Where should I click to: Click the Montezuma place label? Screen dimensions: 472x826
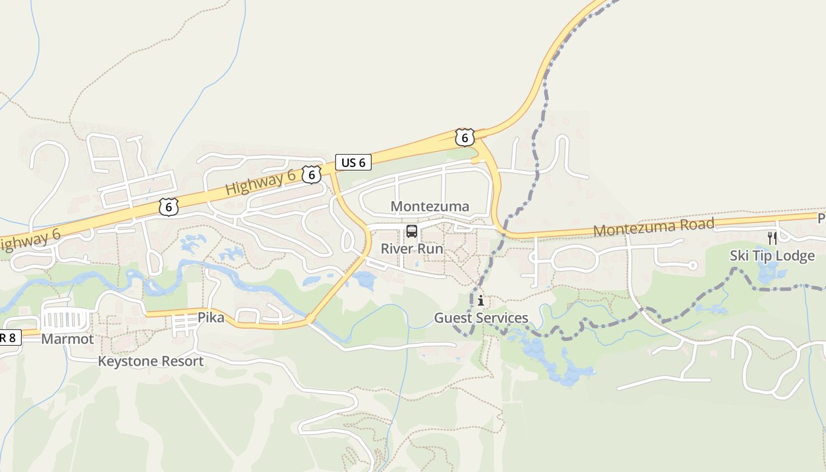point(430,206)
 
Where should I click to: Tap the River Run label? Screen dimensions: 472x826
point(411,248)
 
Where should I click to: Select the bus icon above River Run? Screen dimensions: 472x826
point(411,231)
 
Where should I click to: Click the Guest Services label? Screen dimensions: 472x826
point(481,318)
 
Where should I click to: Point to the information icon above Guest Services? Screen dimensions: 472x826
point(481,301)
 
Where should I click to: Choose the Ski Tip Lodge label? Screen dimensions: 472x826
point(772,255)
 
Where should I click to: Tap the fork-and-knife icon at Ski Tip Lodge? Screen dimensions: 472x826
point(772,238)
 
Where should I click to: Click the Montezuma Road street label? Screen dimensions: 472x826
point(654,227)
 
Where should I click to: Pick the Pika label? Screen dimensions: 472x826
point(211,317)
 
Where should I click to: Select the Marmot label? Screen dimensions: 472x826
point(67,339)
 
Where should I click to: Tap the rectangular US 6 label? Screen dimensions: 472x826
point(353,162)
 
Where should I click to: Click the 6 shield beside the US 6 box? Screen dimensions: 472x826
point(312,174)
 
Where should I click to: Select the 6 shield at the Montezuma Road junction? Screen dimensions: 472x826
point(464,137)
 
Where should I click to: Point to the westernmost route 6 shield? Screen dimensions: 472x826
point(169,207)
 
